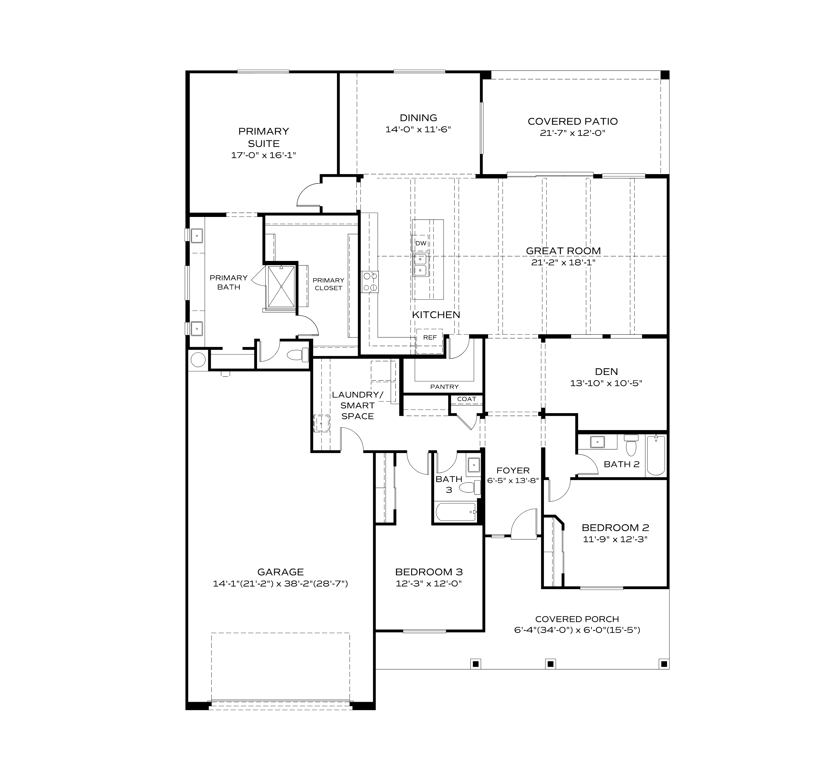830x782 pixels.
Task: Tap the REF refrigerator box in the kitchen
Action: coord(430,337)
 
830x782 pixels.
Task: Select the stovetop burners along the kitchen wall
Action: coord(370,282)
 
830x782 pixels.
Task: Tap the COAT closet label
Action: coord(466,399)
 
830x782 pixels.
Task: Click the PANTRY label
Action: coord(444,387)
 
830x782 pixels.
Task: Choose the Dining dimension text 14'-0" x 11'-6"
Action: coord(418,130)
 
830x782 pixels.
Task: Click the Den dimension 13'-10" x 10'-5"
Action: coord(606,383)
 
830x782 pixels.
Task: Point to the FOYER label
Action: coord(513,470)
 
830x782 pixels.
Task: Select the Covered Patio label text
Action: coord(572,121)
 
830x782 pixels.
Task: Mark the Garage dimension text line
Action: coord(280,584)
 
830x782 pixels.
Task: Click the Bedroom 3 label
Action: coord(429,572)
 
